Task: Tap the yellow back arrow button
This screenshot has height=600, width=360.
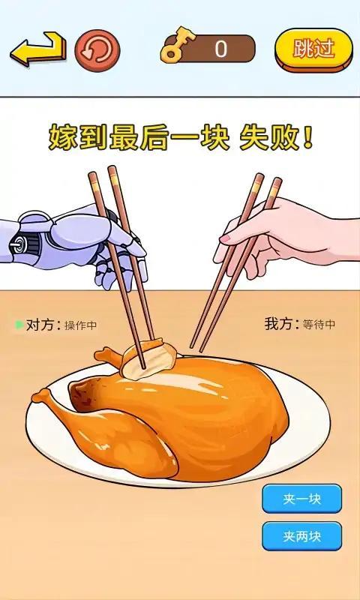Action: pos(37,49)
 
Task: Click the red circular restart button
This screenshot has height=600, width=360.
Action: pos(97,49)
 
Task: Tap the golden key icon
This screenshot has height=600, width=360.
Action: pos(175,49)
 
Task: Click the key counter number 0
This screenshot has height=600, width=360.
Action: pos(220,49)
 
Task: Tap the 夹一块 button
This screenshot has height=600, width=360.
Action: pos(301,499)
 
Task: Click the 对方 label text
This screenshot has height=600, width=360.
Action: pos(40,325)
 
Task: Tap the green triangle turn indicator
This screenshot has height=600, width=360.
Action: pos(19,325)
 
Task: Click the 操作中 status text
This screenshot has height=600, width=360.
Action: pos(81,325)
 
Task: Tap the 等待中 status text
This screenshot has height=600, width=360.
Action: pos(319,325)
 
